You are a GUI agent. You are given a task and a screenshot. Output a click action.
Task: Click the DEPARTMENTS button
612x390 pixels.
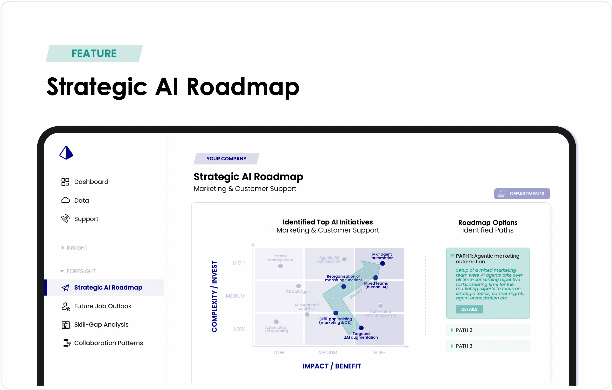click(522, 194)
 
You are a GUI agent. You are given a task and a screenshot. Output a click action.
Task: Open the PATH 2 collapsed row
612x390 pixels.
click(488, 330)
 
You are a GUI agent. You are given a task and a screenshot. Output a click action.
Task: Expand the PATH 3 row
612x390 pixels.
click(488, 346)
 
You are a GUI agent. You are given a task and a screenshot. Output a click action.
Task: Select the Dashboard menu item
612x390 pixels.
click(91, 182)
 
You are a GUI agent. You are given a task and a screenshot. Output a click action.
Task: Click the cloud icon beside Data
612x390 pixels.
click(65, 200)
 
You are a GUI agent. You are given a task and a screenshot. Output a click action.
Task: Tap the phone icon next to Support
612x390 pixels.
click(65, 219)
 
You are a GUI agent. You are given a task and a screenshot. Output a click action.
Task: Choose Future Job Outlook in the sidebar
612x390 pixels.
click(103, 306)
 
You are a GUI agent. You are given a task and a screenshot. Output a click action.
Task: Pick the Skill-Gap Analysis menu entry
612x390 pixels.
click(101, 325)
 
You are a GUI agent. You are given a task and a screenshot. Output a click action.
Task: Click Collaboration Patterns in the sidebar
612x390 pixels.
click(108, 343)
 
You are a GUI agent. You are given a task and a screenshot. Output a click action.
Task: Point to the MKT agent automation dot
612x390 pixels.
click(383, 264)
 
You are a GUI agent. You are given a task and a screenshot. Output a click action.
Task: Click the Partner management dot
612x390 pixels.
click(280, 266)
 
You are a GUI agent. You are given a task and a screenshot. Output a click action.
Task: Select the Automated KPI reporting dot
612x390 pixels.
click(276, 322)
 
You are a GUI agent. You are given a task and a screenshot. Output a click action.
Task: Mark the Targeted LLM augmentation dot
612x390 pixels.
click(361, 328)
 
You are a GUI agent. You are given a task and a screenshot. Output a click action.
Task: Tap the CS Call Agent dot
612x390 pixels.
click(298, 286)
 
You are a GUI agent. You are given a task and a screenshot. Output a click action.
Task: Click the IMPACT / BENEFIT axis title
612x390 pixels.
click(332, 366)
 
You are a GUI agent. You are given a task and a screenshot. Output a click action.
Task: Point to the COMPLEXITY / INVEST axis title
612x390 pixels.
click(214, 296)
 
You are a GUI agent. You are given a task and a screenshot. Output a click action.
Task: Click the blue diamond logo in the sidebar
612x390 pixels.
click(66, 153)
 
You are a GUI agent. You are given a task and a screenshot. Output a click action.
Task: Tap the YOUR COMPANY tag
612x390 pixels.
click(226, 159)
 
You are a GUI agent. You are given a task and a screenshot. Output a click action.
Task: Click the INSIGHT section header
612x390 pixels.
click(77, 248)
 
